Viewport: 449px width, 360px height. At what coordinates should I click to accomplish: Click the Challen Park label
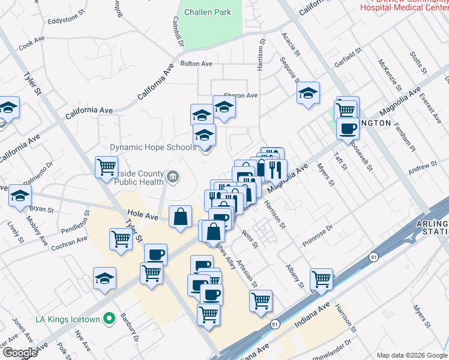click(x=208, y=12)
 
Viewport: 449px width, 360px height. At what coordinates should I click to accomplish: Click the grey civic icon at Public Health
click(x=173, y=176)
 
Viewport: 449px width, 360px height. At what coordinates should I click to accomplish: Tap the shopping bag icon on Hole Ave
click(x=180, y=217)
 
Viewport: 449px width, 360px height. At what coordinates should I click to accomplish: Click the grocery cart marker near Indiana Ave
click(x=322, y=279)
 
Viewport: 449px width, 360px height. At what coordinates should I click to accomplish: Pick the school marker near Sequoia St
click(x=308, y=93)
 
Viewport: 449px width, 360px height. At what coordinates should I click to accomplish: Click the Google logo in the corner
click(x=19, y=353)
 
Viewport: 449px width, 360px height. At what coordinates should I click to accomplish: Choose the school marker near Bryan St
click(x=20, y=196)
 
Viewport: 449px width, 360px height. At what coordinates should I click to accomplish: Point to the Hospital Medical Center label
click(x=403, y=7)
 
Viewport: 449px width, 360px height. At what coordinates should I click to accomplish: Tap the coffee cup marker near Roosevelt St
click(x=347, y=127)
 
